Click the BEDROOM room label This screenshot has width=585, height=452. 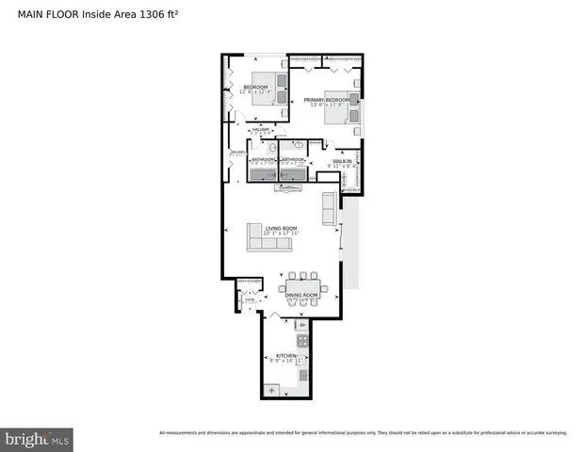pos(255,88)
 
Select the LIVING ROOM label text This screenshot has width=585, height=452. pos(281,228)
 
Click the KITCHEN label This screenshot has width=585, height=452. pos(286,356)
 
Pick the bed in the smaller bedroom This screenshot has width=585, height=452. pos(267,86)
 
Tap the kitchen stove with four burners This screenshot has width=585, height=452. pos(302,341)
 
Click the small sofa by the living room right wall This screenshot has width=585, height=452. pos(330,208)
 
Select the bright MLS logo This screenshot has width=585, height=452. pos(37,439)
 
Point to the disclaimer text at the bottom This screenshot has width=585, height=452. pos(363,433)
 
